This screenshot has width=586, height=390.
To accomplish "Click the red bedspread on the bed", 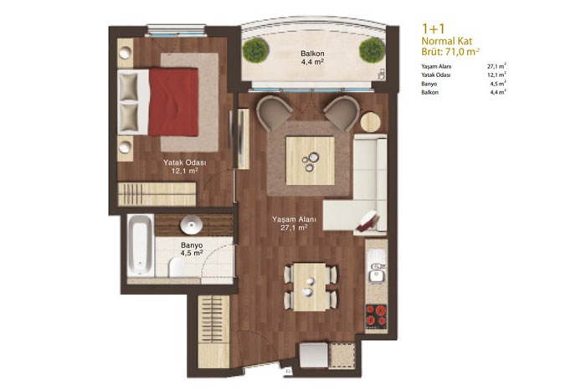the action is tap(173, 101).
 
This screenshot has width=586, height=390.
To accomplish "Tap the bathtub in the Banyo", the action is tap(140, 246).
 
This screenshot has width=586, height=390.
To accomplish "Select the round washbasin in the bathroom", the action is tap(192, 225).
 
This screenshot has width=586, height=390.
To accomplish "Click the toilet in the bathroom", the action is tap(176, 268).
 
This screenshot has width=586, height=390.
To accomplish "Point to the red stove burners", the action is tap(376, 316).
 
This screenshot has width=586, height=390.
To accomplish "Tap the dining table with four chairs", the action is tap(310, 287).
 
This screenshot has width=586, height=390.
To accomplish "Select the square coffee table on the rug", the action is tap(311, 161).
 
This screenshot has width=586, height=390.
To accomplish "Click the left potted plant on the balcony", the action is tap(255, 50).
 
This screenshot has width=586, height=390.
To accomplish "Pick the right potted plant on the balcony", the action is tap(372, 50).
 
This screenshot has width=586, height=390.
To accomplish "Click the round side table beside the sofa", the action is tap(370, 122).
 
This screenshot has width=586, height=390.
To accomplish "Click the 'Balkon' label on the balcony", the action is tap(312, 54).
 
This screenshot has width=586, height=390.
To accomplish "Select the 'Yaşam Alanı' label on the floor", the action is tap(294, 219).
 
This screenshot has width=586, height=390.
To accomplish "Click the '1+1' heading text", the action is tap(433, 28).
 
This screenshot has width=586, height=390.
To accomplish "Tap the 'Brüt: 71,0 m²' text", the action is tap(450, 52).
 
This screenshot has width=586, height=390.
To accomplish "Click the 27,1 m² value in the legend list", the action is tap(496, 66).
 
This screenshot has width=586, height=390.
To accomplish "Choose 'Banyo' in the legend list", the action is tap(429, 84).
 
